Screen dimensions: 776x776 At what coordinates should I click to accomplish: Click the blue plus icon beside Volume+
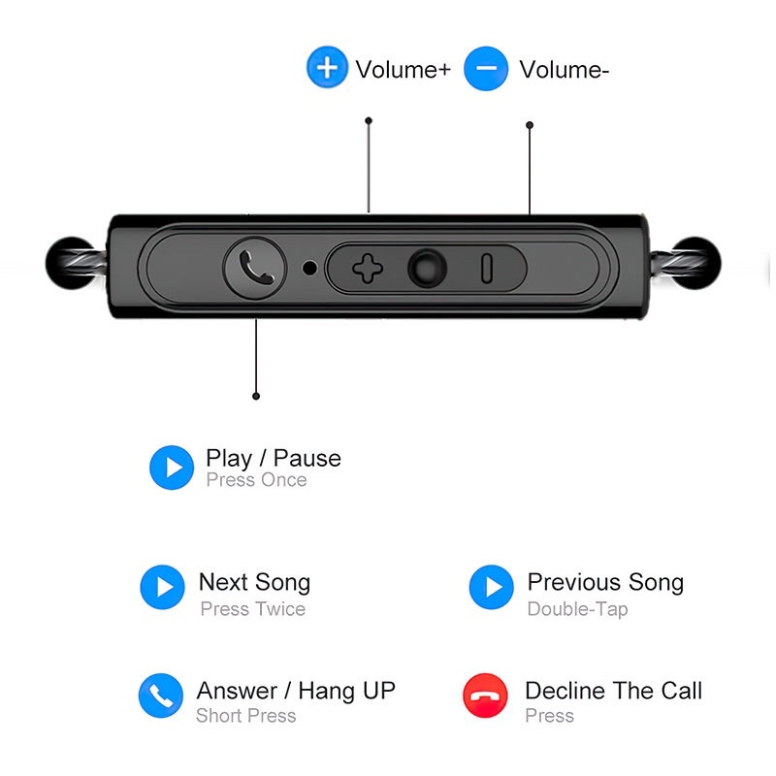point(328,69)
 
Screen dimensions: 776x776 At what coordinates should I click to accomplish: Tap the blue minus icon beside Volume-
point(486,69)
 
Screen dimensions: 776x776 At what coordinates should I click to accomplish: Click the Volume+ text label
point(403,70)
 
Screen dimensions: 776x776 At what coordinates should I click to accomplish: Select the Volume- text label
point(564,70)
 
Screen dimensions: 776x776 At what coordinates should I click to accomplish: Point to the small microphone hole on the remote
point(309,267)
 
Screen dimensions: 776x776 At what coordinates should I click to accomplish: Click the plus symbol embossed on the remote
point(367,268)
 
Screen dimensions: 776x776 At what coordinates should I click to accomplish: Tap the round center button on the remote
point(427,268)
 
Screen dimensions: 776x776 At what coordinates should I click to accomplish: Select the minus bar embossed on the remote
point(487,268)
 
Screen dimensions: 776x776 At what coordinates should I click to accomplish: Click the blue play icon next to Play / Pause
point(172,469)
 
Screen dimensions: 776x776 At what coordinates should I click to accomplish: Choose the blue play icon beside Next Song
point(162,587)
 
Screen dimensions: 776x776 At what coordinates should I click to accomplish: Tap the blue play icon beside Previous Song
point(492,587)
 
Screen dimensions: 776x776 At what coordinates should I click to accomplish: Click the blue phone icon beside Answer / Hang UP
point(160,695)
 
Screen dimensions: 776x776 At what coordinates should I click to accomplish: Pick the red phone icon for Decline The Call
point(486,695)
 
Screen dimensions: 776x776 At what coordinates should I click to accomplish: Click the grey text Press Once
point(256,480)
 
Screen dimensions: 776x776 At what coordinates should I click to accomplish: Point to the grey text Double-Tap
point(577,609)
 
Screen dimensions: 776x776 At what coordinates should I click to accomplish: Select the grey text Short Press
point(245,716)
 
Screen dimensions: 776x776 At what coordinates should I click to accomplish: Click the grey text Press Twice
point(252,609)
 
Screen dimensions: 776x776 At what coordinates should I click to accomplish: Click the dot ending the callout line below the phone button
point(256,396)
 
